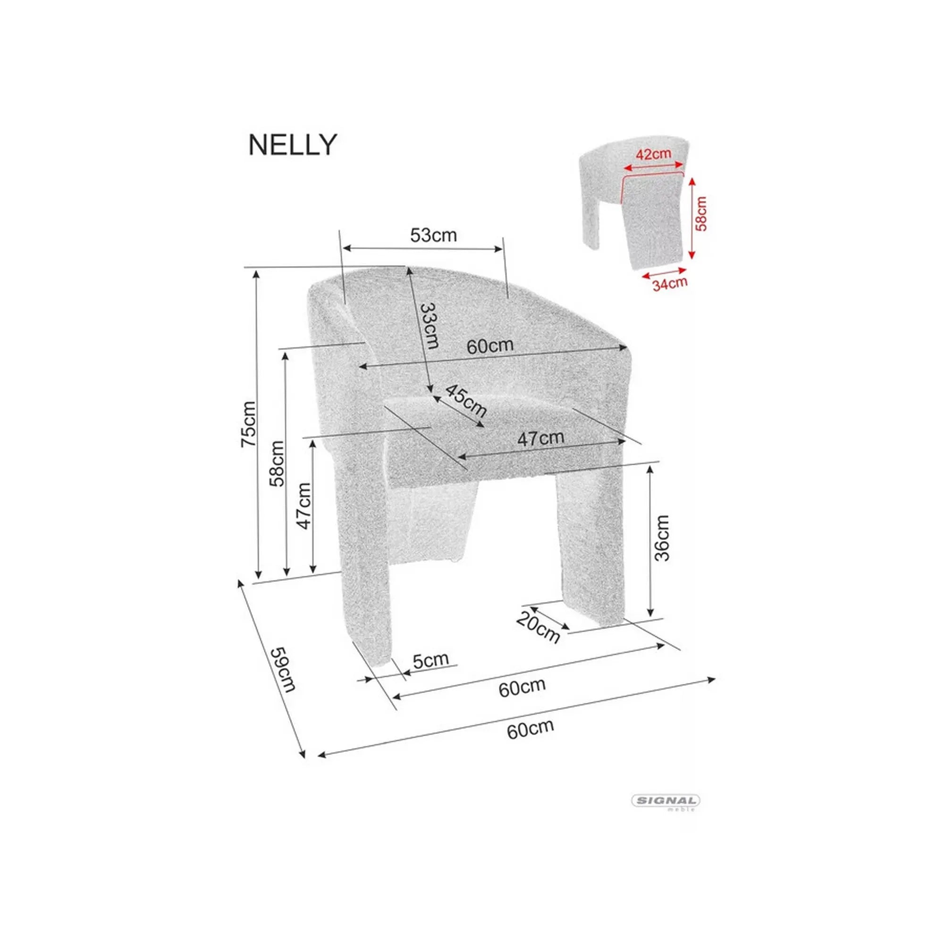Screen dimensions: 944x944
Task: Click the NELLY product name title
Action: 292,145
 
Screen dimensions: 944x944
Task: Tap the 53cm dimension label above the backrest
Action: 433,236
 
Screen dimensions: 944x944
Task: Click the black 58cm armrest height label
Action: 277,463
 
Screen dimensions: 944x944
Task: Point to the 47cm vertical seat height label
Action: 304,506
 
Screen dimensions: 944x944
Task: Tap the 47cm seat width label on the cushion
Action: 540,438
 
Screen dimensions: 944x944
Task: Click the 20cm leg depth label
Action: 538,627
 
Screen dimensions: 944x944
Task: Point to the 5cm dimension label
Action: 430,660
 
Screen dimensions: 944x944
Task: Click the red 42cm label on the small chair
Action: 653,154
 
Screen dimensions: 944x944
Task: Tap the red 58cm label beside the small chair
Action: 701,213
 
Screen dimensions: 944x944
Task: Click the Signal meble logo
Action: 666,801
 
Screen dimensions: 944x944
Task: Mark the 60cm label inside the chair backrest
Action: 489,346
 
